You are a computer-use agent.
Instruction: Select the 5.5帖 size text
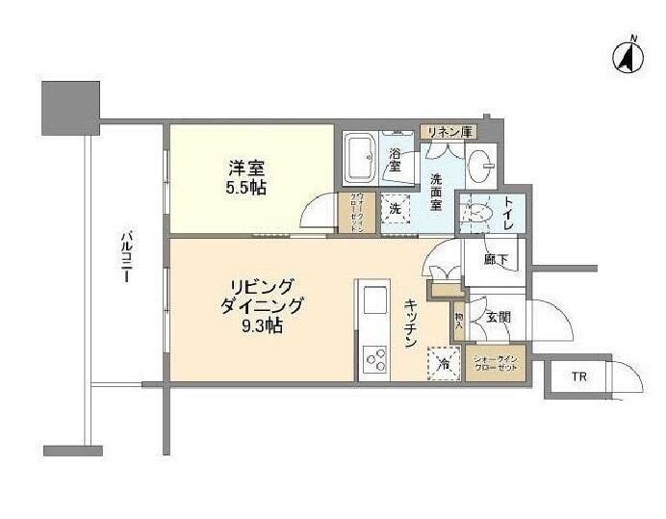click(245, 188)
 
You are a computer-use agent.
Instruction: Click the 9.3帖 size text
click(262, 326)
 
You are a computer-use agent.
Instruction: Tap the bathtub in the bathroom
click(361, 159)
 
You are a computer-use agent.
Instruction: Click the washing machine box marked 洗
click(395, 208)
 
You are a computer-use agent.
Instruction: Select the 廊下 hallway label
click(496, 260)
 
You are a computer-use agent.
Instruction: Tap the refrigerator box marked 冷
click(443, 364)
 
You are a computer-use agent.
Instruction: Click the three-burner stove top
click(373, 360)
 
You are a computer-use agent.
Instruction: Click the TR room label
click(578, 376)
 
